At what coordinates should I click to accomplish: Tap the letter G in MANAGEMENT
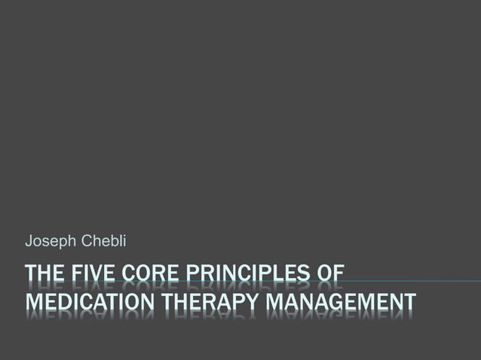[x=337, y=304]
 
